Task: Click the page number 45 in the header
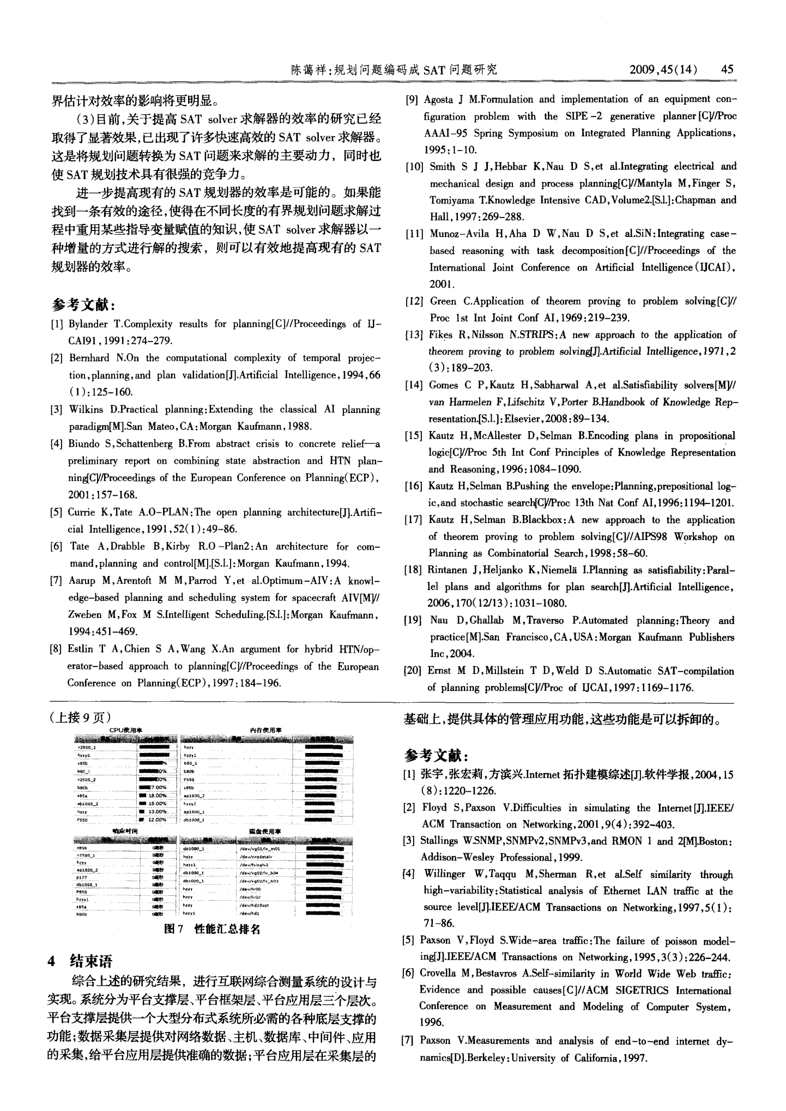[x=727, y=69]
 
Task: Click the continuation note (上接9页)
[x=81, y=718]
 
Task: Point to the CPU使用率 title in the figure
[x=126, y=730]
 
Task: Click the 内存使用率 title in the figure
[x=265, y=730]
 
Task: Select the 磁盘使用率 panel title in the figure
[x=265, y=831]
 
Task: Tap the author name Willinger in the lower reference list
[x=446, y=875]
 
